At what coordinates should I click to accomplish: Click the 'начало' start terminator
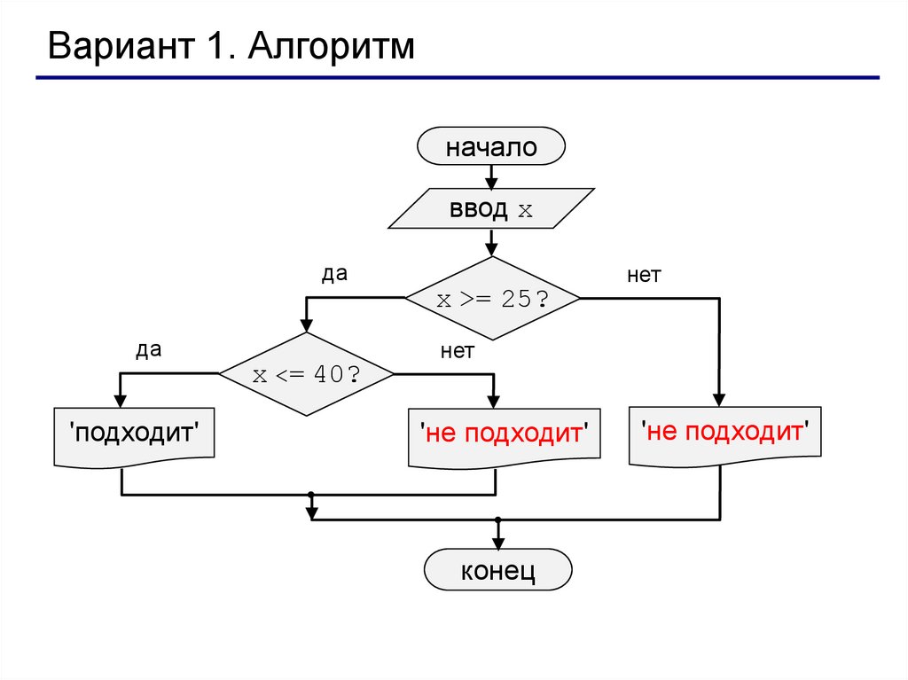[x=490, y=146]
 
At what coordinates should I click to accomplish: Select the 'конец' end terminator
[x=497, y=570]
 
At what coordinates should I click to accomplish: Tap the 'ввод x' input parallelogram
[x=490, y=210]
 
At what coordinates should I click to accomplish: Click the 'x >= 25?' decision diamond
[x=492, y=299]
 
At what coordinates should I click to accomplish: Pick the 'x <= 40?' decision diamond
[x=306, y=374]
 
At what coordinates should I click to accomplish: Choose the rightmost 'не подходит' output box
[x=725, y=432]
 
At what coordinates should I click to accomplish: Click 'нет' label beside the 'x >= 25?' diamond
[x=644, y=275]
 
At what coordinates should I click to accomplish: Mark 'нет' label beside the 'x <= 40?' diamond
[x=458, y=351]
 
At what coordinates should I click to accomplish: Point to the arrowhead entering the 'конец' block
[x=497, y=543]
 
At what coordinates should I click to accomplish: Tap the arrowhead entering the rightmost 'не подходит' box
[x=720, y=399]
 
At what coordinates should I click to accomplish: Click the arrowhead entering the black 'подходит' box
[x=121, y=401]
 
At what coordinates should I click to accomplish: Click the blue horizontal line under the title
[x=457, y=78]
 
